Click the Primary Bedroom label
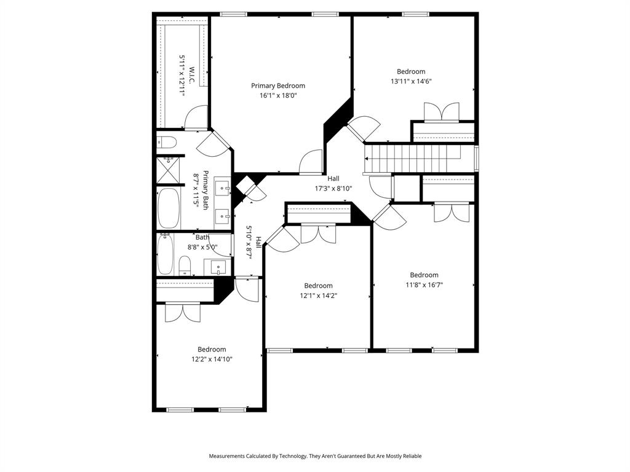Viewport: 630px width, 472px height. (277, 85)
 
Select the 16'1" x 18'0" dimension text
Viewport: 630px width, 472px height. (277, 95)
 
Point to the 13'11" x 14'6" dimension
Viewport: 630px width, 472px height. (410, 81)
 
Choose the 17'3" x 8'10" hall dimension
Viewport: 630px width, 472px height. (333, 189)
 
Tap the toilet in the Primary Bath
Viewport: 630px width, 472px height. (166, 143)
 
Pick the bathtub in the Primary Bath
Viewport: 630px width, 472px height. (169, 208)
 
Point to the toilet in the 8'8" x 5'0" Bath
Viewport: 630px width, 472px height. (184, 266)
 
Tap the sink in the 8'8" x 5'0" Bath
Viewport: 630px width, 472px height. (218, 267)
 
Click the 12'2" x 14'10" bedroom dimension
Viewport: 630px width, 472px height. (211, 359)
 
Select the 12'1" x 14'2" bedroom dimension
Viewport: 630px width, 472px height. (318, 295)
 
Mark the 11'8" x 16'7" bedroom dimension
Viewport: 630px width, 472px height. (424, 285)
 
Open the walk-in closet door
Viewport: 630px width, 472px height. (197, 117)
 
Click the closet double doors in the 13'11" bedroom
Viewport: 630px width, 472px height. (441, 112)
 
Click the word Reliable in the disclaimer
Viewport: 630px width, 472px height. (409, 456)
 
